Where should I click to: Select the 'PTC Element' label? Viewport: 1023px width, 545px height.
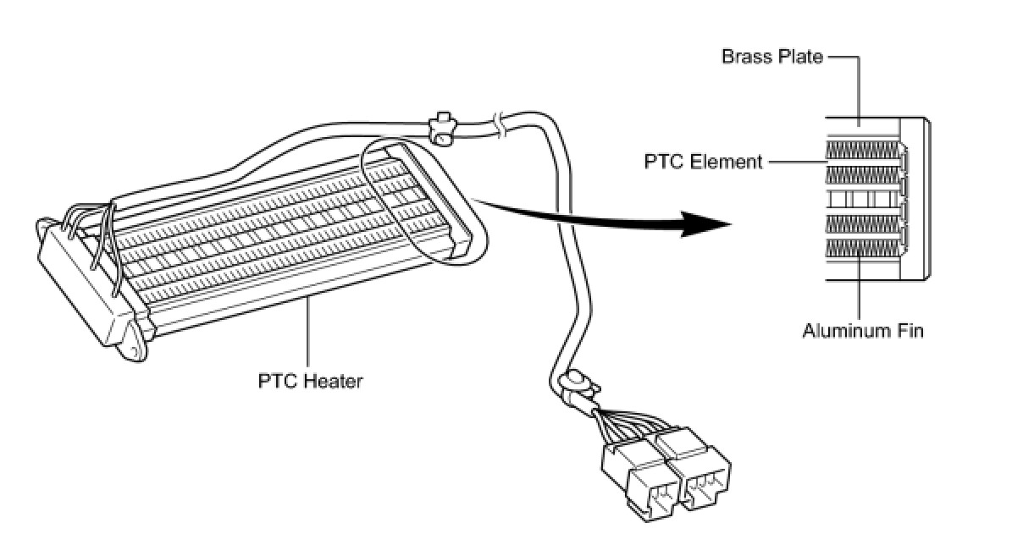click(703, 161)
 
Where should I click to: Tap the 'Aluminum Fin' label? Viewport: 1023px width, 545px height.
click(862, 330)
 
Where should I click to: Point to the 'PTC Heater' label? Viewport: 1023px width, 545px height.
click(310, 381)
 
